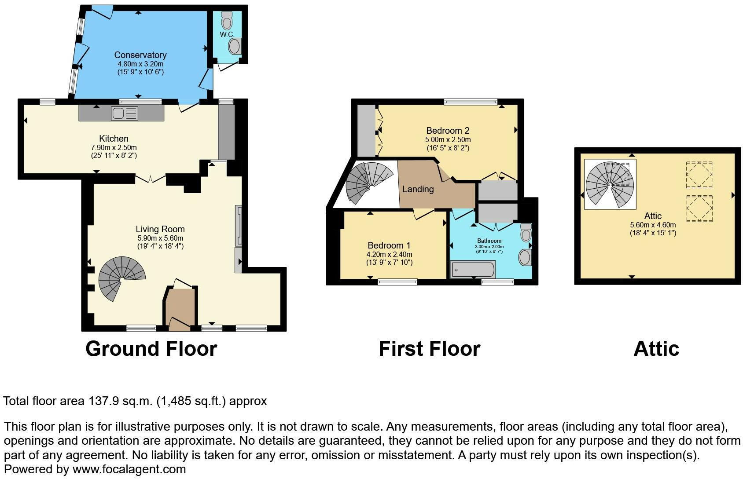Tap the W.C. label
tap(227, 34)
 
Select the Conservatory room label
tap(140, 55)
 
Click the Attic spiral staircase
tap(610, 184)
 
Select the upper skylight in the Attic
tap(699, 174)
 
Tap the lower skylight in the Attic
tap(699, 208)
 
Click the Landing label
tap(418, 189)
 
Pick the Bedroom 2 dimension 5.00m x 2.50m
tap(448, 139)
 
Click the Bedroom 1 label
tap(389, 245)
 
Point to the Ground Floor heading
tap(151, 349)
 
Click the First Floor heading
tap(429, 349)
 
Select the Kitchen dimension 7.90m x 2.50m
tap(114, 147)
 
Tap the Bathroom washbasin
tap(525, 257)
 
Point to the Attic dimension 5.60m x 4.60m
tap(653, 225)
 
